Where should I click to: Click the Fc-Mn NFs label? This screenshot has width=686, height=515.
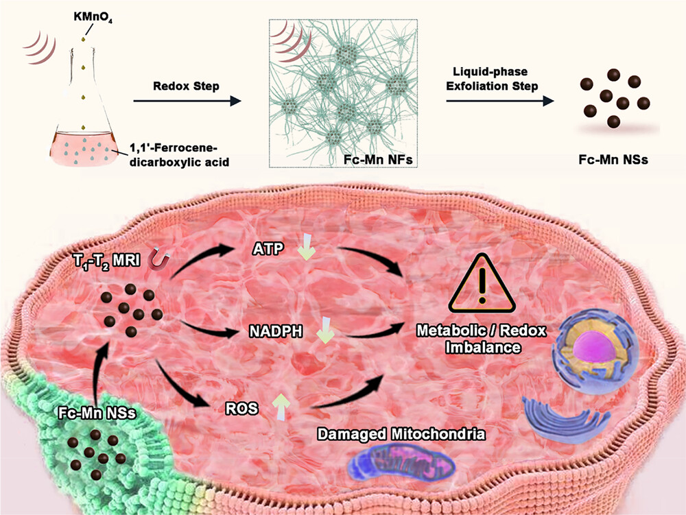(x=368, y=163)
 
